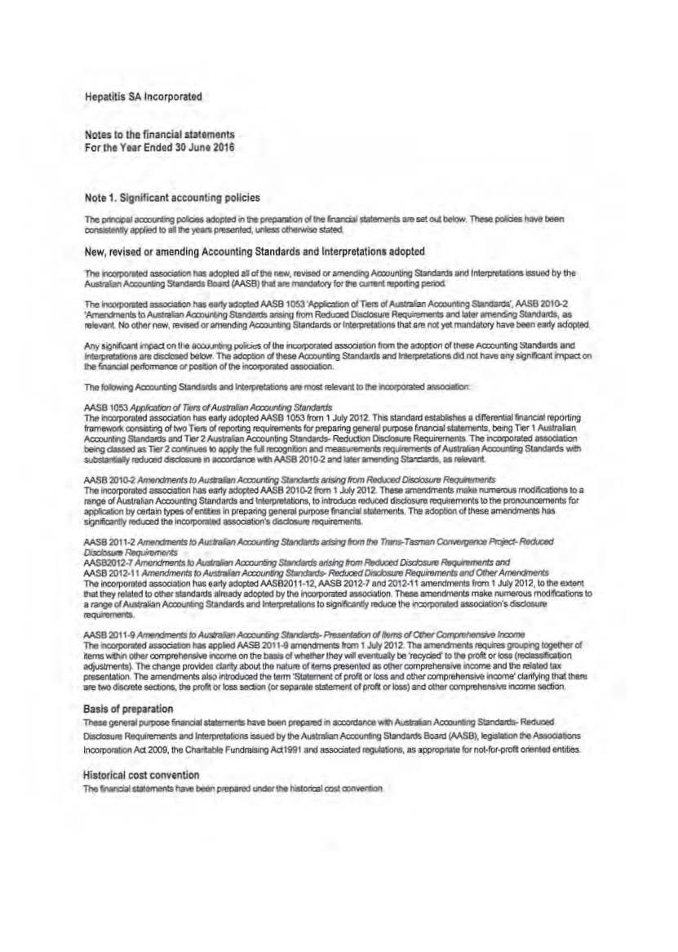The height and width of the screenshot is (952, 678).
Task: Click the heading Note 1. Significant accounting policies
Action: [x=172, y=198]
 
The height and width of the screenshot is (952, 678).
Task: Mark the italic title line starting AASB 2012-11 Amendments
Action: [x=317, y=572]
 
